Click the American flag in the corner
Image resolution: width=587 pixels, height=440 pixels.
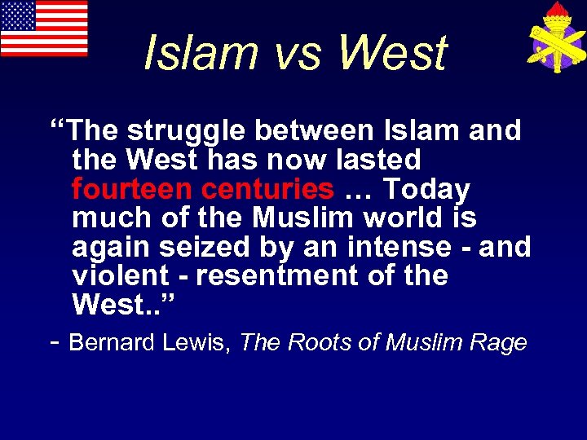pyautogui.click(x=44, y=29)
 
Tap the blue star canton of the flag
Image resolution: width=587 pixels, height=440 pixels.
pyautogui.click(x=18, y=15)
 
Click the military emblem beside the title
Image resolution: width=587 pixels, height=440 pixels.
pyautogui.click(x=554, y=37)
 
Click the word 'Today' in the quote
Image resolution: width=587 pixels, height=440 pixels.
pyautogui.click(x=426, y=189)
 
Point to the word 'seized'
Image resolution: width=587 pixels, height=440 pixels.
pyautogui.click(x=201, y=246)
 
